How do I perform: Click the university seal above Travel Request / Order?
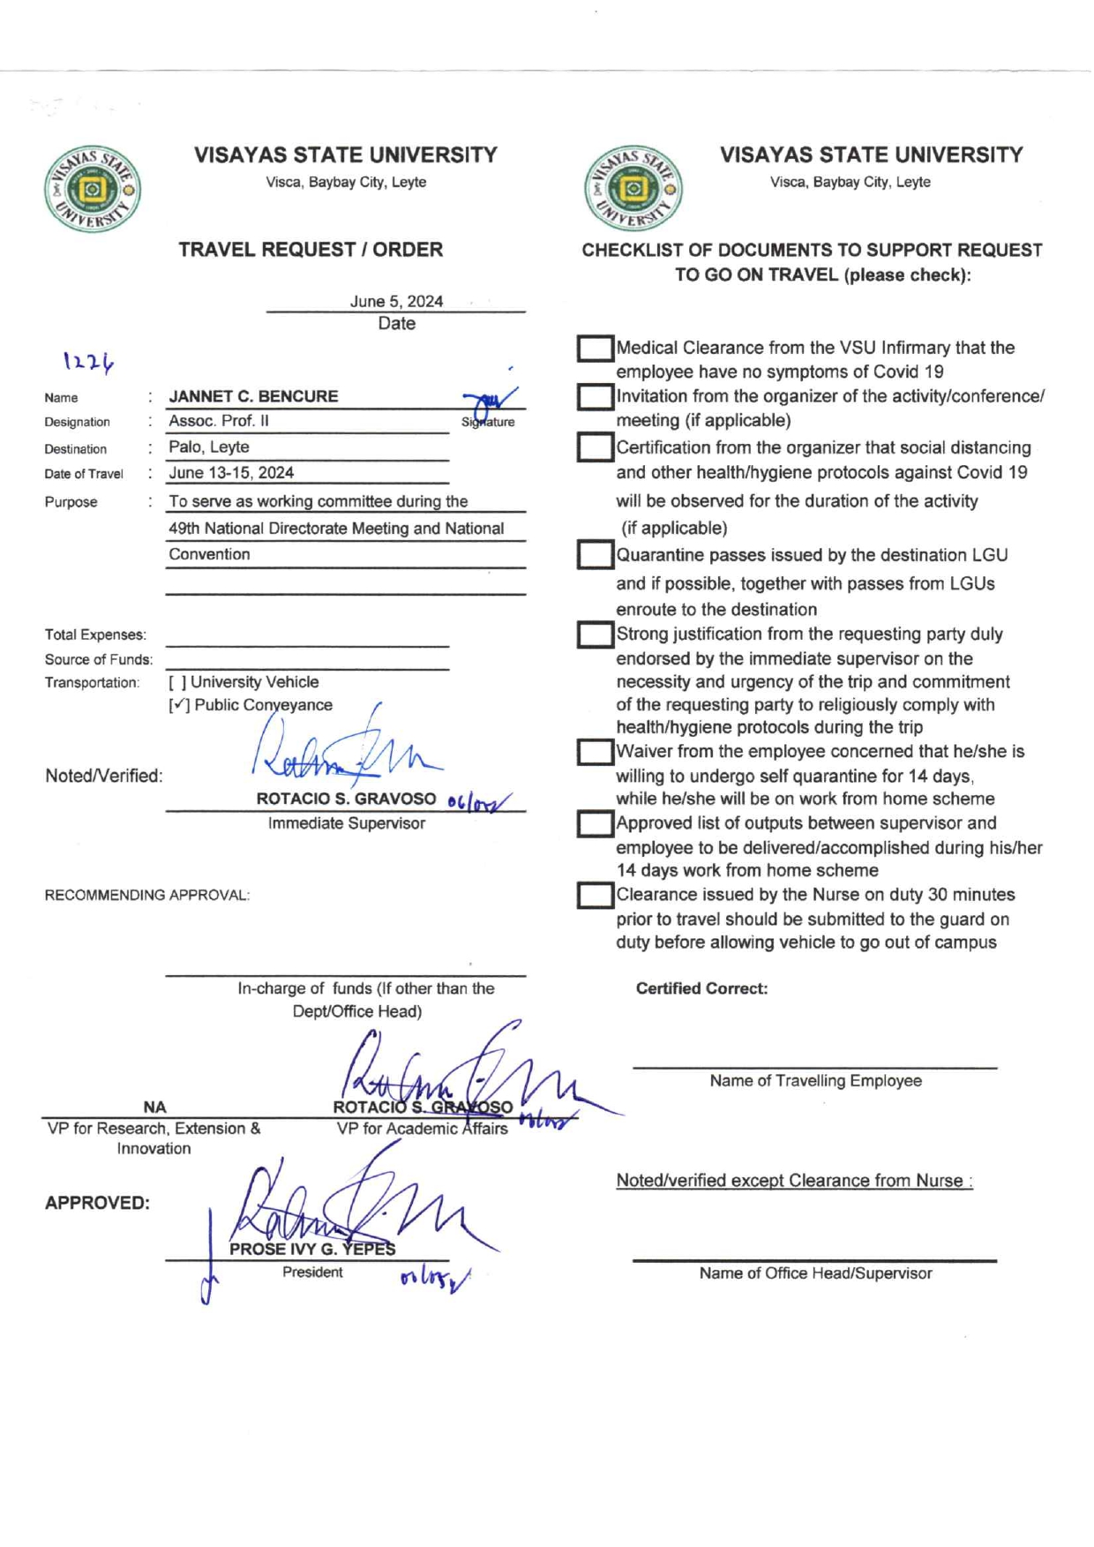[x=93, y=189]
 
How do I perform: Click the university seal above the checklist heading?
[x=633, y=189]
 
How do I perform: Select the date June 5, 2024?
[x=396, y=301]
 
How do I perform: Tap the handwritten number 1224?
[x=88, y=361]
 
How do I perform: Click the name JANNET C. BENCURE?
[x=253, y=396]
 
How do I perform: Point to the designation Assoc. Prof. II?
[x=219, y=421]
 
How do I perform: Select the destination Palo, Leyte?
[x=209, y=447]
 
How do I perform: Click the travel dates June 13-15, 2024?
[x=231, y=473]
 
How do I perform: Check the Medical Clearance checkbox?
[x=596, y=349]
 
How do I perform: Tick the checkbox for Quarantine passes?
[x=596, y=555]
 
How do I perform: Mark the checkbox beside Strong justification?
[x=596, y=635]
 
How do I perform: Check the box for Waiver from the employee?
[x=596, y=752]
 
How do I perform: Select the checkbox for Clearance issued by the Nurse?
[x=596, y=896]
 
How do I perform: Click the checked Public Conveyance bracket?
[x=179, y=705]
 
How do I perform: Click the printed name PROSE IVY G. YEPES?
[x=312, y=1249]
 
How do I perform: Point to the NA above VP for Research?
[x=154, y=1107]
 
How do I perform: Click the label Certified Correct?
[x=701, y=988]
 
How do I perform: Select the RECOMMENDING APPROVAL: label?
[x=147, y=895]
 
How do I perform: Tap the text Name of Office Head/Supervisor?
[x=815, y=1273]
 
